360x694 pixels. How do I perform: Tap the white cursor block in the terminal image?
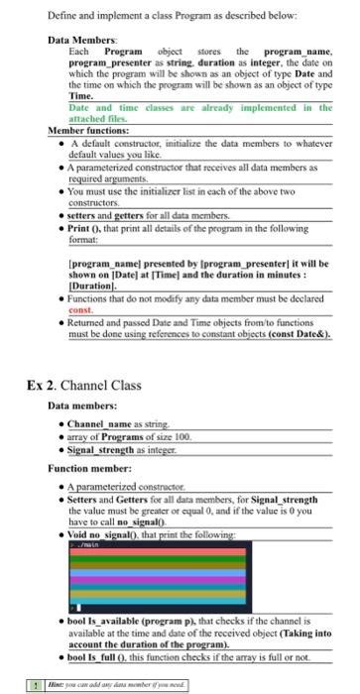(x=72, y=608)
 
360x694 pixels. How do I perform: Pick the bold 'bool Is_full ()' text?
(x=101, y=657)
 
